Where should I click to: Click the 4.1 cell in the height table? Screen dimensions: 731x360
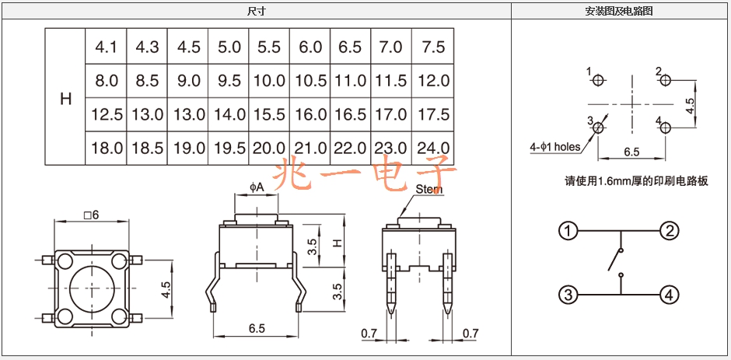[107, 47]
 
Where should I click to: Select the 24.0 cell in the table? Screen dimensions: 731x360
[433, 149]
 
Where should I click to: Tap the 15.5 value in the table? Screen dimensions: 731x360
[269, 115]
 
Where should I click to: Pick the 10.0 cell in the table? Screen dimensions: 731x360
[269, 81]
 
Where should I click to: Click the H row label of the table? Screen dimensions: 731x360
[66, 99]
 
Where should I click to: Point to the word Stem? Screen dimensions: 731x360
[429, 190]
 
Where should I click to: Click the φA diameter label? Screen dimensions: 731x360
[257, 187]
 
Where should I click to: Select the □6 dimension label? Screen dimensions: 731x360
[92, 215]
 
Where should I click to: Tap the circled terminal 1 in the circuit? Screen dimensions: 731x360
[568, 231]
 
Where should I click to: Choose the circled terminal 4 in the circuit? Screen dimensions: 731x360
[669, 295]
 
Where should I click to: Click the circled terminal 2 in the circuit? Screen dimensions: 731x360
[669, 231]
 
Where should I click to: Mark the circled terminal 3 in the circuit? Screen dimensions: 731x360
[568, 295]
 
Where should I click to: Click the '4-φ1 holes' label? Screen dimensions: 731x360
[554, 148]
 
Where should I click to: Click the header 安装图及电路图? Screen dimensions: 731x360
[619, 12]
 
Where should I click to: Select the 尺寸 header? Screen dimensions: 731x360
[256, 12]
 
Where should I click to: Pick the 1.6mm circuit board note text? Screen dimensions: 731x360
[636, 181]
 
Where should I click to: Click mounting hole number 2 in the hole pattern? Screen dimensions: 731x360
[665, 80]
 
